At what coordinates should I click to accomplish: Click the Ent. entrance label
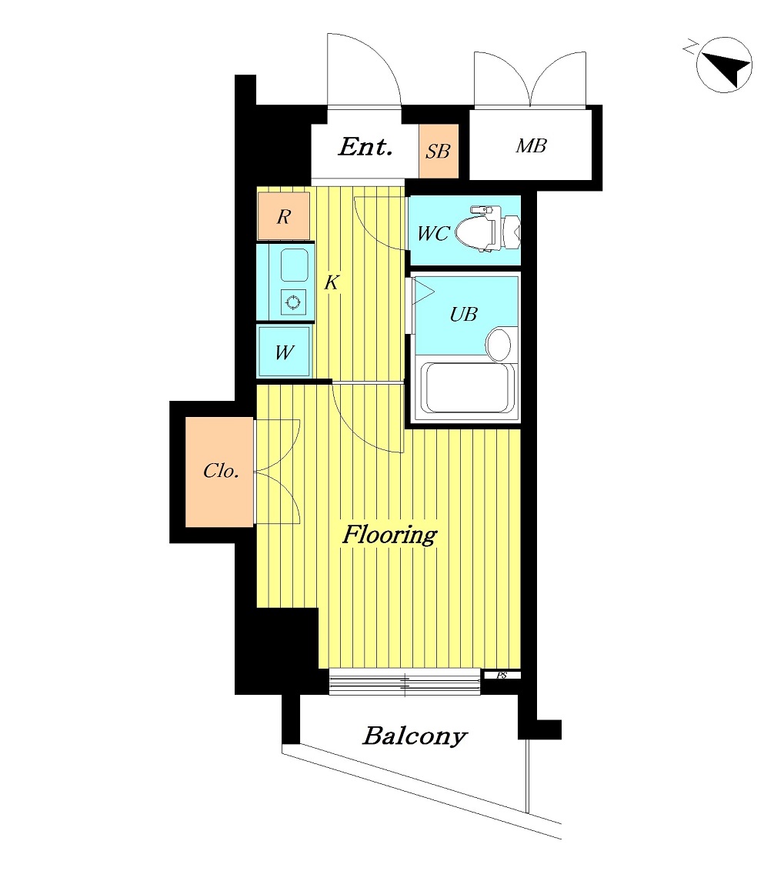click(x=365, y=147)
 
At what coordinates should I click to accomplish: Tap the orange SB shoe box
click(x=439, y=151)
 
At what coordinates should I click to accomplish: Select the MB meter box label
click(x=531, y=146)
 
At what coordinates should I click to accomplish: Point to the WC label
click(x=433, y=233)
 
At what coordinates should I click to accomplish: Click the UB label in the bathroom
click(x=463, y=314)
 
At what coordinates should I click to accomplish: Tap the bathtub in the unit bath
click(x=468, y=389)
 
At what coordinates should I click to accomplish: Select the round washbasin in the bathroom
click(x=499, y=344)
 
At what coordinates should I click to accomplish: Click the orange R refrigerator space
click(x=284, y=215)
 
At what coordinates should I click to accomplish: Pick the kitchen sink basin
click(x=294, y=265)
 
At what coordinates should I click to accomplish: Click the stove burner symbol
click(x=293, y=302)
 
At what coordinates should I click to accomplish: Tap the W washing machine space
click(x=284, y=352)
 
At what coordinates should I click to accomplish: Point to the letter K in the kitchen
click(x=332, y=282)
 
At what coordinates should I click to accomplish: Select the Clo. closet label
click(x=222, y=471)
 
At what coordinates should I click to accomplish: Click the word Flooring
click(x=390, y=535)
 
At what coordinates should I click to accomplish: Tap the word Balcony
click(x=415, y=736)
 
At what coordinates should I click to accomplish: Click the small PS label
click(x=502, y=676)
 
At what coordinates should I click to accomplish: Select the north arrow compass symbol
click(x=723, y=65)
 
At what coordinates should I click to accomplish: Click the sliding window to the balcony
click(x=405, y=682)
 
